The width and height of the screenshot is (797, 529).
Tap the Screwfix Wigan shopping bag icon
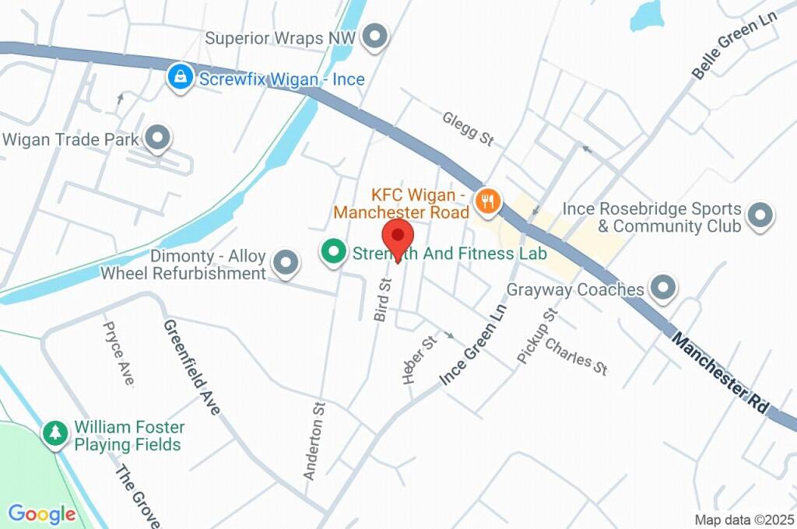pos(181,78)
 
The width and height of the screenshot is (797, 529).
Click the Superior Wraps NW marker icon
pos(376,36)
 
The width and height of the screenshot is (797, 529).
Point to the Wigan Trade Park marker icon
pos(159,138)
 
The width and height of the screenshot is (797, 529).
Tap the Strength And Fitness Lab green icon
pos(334,252)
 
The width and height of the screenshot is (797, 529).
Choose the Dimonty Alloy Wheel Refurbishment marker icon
pos(286,263)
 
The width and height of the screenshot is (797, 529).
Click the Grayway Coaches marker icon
pos(662,288)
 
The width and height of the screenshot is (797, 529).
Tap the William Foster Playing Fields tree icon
pos(55,433)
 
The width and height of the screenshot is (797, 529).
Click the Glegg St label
pos(468,128)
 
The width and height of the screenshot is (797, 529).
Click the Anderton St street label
pos(314,440)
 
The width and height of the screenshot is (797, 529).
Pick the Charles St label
pos(577,356)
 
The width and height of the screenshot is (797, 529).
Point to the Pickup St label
pos(538,335)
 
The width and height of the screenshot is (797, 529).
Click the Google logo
pos(41,514)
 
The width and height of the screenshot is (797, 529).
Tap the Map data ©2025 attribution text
pos(743,520)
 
